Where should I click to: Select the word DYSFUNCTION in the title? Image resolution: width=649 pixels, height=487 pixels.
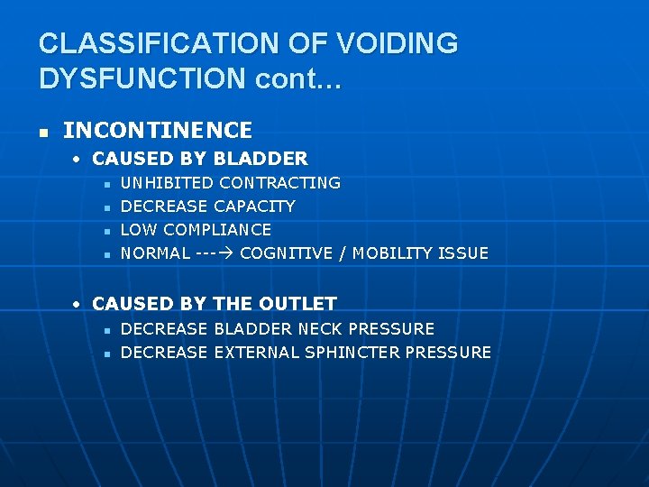click(142, 78)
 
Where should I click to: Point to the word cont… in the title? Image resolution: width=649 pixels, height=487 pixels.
click(298, 78)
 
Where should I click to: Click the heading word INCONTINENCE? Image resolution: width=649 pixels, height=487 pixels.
click(158, 131)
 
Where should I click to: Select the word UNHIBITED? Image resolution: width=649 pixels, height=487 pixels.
click(167, 183)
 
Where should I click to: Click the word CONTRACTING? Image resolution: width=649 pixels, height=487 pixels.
click(279, 183)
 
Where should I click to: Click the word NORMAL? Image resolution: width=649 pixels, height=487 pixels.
click(155, 253)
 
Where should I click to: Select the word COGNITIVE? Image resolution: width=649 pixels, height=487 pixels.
click(287, 253)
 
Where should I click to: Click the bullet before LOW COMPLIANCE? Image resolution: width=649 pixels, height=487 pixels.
click(106, 231)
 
